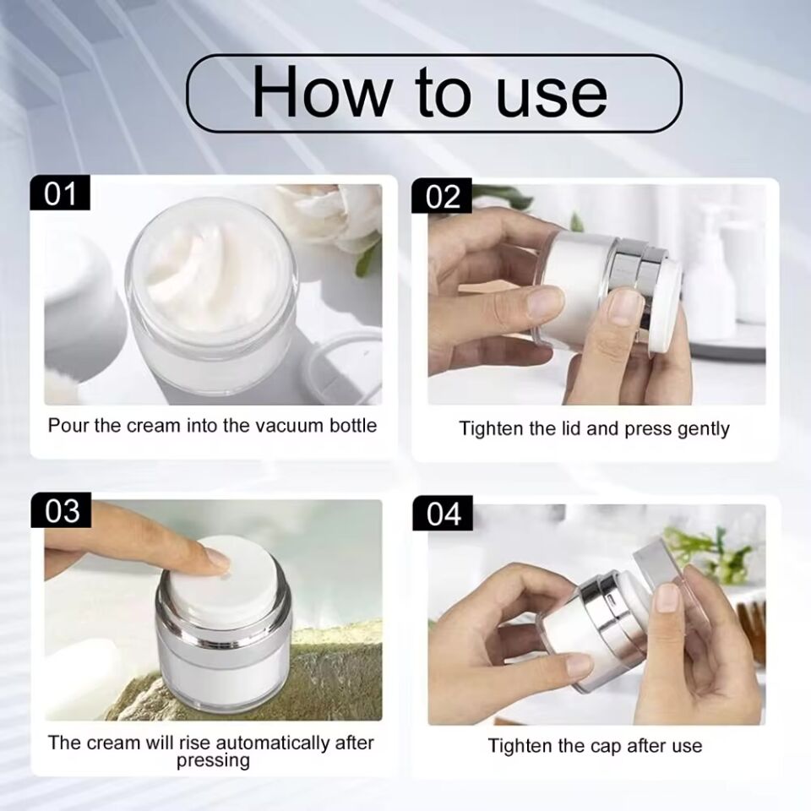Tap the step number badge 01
pyautogui.click(x=60, y=193)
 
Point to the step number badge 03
pyautogui.click(x=62, y=511)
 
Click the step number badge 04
pyautogui.click(x=444, y=514)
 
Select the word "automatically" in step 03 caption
pyautogui.click(x=273, y=743)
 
